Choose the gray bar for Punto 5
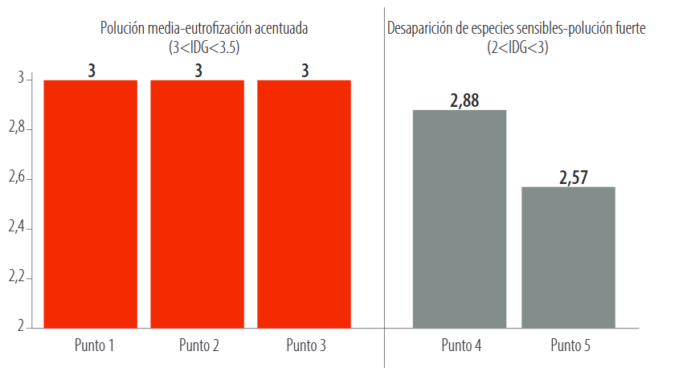569,257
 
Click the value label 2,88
460,100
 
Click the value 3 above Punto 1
92,71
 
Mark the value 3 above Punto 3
305,71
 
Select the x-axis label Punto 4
461,347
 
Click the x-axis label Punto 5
571,347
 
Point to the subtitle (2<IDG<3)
517,47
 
